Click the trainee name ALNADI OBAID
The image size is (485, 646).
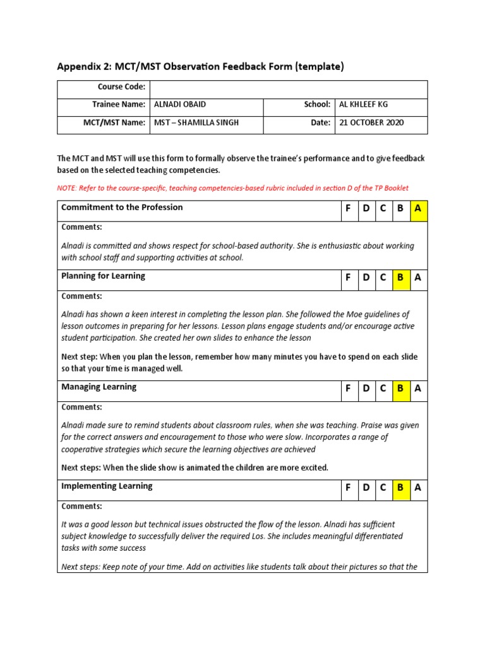click(179, 105)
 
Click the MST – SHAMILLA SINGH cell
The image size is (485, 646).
click(196, 123)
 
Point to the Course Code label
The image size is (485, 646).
click(121, 87)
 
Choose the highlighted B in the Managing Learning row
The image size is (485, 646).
click(400, 389)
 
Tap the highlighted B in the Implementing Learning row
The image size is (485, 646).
click(400, 488)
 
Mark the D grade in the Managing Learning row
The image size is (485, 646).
click(366, 389)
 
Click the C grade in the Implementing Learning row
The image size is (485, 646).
click(383, 488)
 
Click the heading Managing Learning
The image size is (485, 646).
click(99, 387)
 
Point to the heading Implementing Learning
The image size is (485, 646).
click(107, 486)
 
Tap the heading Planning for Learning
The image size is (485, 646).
click(103, 276)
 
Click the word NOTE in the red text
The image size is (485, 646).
click(67, 188)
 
